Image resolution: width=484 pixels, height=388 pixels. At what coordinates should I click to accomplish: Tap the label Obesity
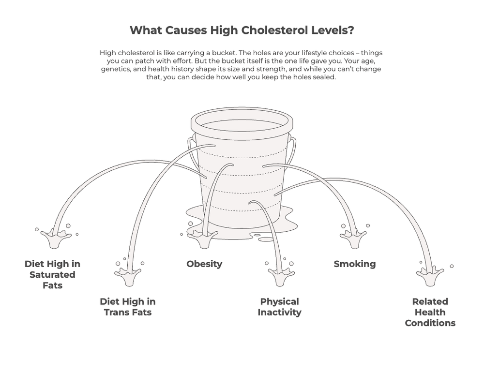pyautogui.click(x=204, y=264)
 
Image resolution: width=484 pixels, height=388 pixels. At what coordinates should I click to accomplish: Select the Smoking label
pyautogui.click(x=355, y=264)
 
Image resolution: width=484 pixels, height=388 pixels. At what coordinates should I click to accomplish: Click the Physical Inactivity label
pyautogui.click(x=279, y=307)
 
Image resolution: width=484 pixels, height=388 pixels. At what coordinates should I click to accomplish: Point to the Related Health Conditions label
pyautogui.click(x=430, y=312)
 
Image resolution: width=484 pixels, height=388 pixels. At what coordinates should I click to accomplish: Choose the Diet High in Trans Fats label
pyautogui.click(x=128, y=307)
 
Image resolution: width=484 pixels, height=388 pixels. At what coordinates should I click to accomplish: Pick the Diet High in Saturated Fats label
pyautogui.click(x=52, y=274)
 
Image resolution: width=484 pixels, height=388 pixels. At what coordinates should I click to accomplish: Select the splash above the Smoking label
pyautogui.click(x=353, y=237)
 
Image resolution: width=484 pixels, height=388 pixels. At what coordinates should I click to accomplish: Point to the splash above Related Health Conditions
pyautogui.click(x=430, y=275)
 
